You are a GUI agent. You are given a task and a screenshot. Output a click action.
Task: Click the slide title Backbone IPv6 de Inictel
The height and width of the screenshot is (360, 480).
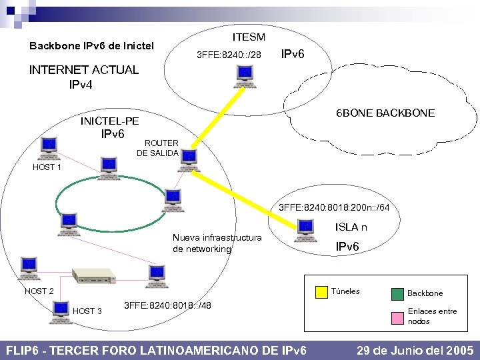tap(91, 46)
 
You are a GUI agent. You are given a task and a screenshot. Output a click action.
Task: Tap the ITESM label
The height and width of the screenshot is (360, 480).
tap(248, 37)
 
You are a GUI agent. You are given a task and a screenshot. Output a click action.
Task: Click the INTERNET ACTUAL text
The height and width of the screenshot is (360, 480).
tap(83, 70)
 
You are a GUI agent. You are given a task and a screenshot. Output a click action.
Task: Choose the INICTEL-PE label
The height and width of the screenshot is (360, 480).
tap(109, 121)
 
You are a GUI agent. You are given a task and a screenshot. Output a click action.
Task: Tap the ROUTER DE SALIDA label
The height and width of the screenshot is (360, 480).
tap(157, 148)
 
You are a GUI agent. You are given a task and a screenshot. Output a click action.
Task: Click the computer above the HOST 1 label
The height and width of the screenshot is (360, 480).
tap(48, 147)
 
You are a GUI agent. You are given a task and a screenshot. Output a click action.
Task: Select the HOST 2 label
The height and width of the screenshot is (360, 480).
tap(39, 291)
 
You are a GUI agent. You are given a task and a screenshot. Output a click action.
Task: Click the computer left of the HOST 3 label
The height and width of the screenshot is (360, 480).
tap(60, 309)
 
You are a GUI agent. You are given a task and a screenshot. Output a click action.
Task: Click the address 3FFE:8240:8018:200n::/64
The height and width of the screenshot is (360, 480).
tap(334, 208)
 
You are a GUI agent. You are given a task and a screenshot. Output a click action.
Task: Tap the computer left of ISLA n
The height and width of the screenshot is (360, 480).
tap(305, 229)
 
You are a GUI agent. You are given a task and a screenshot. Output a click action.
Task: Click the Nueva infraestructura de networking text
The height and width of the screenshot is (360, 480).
tap(217, 243)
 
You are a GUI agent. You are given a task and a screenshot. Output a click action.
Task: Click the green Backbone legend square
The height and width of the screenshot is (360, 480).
tap(397, 292)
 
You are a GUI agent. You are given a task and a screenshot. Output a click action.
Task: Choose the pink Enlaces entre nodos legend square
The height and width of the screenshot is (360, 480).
tap(397, 315)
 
